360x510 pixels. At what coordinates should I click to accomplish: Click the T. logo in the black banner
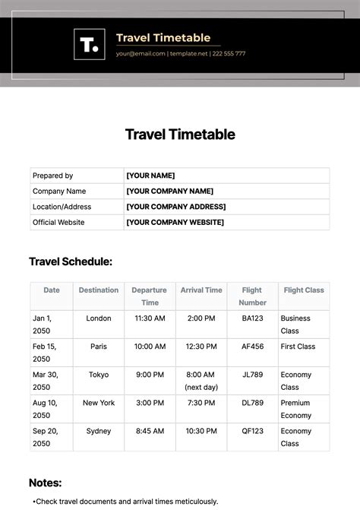[88, 45]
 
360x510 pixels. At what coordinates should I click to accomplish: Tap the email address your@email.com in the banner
[141, 54]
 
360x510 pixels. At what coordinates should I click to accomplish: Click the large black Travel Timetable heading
[180, 135]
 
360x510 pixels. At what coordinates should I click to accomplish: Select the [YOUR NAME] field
[150, 176]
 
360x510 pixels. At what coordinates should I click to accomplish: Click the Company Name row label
[59, 192]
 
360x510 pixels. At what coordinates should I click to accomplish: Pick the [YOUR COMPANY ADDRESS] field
[175, 207]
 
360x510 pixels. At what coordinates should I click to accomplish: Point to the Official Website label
[58, 223]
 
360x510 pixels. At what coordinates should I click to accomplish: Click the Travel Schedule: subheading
[71, 261]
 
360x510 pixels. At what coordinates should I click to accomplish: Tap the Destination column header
[99, 290]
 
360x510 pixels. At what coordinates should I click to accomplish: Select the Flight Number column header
[252, 296]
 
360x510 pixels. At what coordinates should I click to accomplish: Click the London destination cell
[99, 318]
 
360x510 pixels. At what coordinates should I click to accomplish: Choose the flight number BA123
[252, 318]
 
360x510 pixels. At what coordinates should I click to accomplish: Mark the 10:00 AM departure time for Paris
[150, 347]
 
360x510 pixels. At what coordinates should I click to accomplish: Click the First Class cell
[298, 347]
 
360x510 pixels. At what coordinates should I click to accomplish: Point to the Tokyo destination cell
[99, 375]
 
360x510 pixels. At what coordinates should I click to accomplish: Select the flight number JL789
[252, 375]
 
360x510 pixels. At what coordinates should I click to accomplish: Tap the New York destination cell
[99, 403]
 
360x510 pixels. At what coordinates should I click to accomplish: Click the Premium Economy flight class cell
[296, 409]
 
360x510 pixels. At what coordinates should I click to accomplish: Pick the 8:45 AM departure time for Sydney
[150, 431]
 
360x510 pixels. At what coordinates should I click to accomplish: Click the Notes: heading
[46, 483]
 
